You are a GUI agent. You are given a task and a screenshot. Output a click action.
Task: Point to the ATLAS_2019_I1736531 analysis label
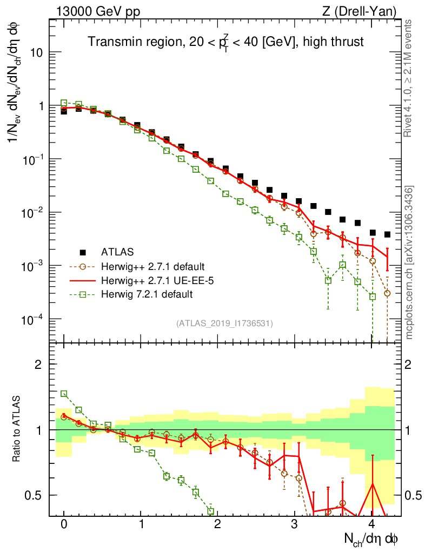click(x=224, y=323)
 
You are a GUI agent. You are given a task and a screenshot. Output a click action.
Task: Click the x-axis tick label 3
click(x=294, y=524)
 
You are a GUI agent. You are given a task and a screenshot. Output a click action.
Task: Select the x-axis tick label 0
click(x=64, y=524)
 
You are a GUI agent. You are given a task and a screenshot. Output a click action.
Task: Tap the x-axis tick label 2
click(x=217, y=524)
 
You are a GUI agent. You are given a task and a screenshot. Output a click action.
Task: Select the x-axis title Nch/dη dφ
click(x=372, y=539)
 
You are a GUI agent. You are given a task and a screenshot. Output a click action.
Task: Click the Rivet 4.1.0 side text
click(x=409, y=78)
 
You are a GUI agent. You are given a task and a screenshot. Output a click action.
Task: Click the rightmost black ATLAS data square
click(x=387, y=234)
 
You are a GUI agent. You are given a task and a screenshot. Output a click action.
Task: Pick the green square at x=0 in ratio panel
click(x=64, y=394)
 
